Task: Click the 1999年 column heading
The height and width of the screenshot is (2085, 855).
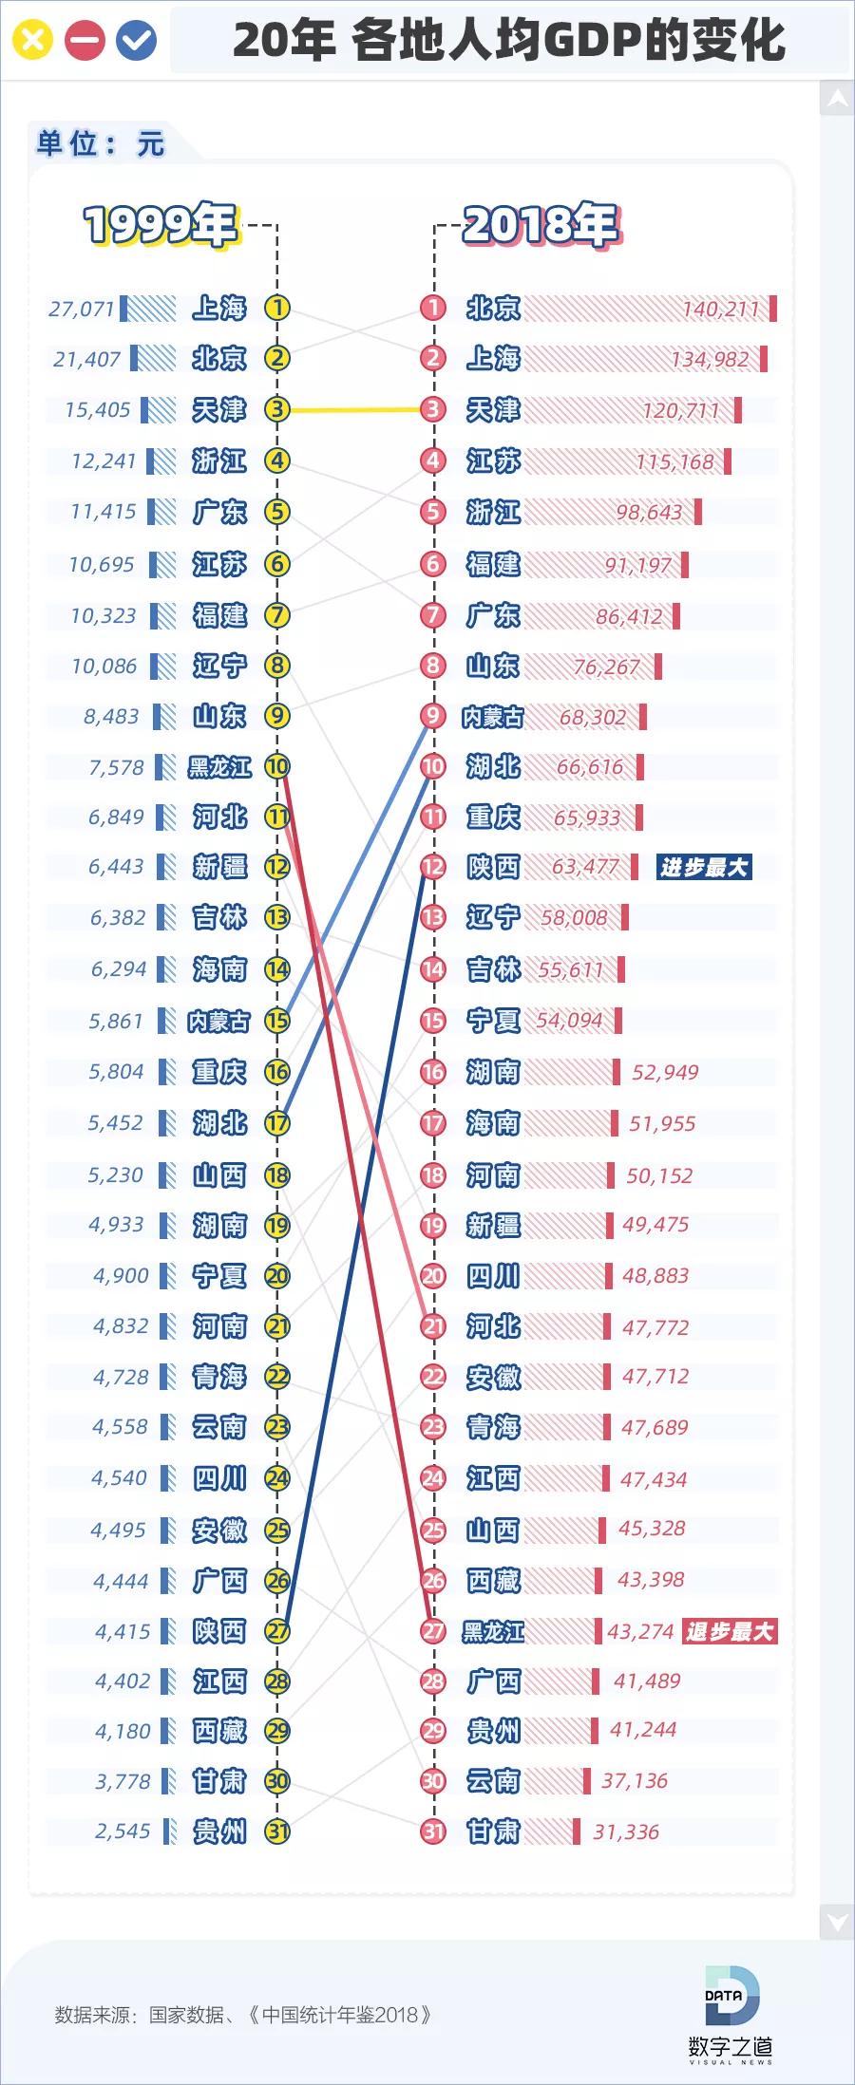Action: click(160, 225)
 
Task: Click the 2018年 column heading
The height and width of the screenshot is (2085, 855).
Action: click(541, 225)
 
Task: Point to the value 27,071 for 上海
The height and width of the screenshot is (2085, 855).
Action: click(82, 309)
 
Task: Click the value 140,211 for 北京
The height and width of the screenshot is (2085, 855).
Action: click(720, 309)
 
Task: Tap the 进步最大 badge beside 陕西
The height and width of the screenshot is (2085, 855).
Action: click(704, 867)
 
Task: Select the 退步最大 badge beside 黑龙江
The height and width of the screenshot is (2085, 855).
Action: click(730, 1631)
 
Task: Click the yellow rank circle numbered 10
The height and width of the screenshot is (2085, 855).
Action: click(276, 766)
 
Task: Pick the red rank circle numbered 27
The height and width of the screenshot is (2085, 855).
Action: click(433, 1631)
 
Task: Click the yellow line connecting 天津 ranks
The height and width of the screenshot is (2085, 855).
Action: click(354, 410)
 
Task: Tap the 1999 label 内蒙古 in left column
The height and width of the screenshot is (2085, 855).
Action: click(219, 1021)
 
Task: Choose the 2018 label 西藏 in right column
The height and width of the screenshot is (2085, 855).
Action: click(493, 1580)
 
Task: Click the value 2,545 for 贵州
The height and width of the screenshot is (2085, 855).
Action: click(123, 1831)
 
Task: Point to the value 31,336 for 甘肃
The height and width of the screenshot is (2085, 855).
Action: click(626, 1831)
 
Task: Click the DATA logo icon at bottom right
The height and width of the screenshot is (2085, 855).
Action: click(731, 1997)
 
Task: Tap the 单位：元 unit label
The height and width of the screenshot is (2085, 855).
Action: click(101, 143)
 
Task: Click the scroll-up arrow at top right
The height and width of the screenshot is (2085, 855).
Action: click(837, 99)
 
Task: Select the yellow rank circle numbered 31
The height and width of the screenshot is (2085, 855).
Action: click(276, 1831)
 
